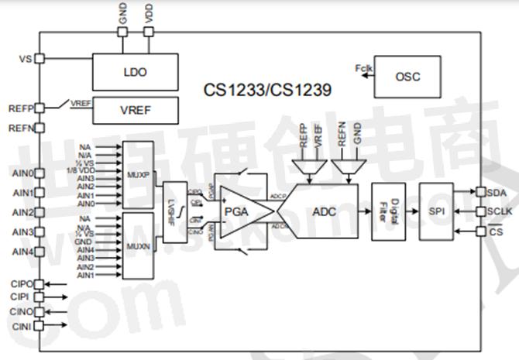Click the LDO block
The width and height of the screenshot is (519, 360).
point(135,72)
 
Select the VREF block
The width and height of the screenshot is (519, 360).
point(135,110)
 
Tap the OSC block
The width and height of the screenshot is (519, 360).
point(407,76)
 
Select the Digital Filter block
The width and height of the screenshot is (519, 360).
point(389,211)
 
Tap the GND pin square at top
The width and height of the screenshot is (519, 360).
point(122,32)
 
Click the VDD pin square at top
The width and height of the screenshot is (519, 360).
point(148,32)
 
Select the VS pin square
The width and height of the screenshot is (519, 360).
point(40,58)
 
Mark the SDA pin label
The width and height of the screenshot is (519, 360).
point(496,192)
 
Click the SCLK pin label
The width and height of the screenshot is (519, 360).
point(499,211)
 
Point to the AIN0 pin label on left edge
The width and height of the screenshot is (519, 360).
point(20,173)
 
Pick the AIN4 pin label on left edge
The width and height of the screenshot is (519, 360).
point(20,252)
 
